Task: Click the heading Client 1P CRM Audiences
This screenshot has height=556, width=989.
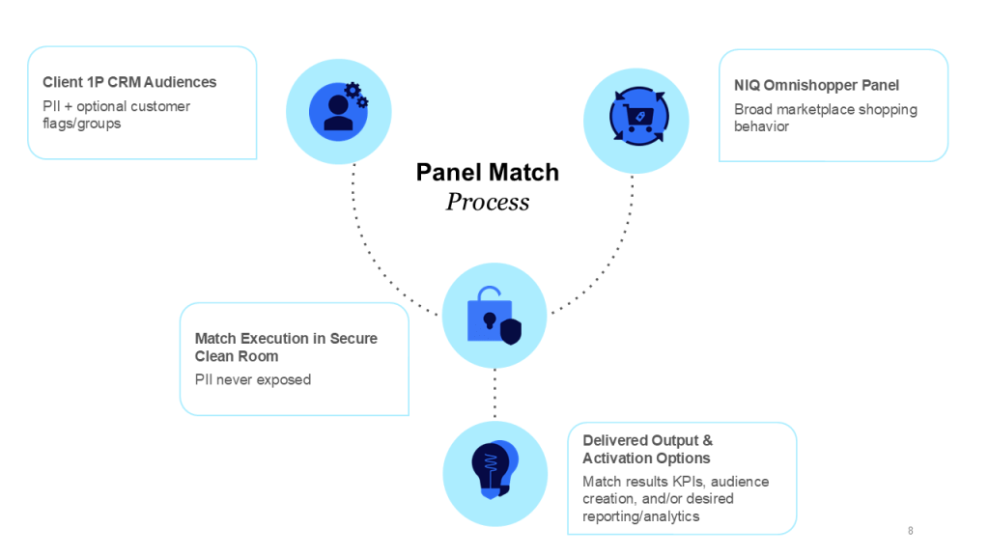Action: (129, 82)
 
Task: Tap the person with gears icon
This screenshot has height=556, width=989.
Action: (339, 107)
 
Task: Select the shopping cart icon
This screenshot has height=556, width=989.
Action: (637, 117)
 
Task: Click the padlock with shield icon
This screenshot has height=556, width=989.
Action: (494, 316)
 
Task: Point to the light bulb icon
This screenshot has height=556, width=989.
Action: (494, 469)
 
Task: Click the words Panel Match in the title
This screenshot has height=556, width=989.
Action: (488, 172)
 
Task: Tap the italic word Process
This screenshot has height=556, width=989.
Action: (488, 202)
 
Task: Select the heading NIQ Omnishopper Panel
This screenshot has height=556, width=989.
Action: (816, 85)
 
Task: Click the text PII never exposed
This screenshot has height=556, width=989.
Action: (253, 379)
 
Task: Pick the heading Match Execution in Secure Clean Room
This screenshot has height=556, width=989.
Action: (286, 347)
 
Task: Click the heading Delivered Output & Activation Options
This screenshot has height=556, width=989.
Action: (647, 449)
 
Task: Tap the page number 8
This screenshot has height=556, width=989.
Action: (910, 531)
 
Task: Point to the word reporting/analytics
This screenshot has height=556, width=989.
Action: (641, 516)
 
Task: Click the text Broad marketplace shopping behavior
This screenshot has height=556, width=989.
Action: (825, 118)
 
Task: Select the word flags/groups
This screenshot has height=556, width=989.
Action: (82, 124)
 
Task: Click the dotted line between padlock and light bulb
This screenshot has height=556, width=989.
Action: (494, 394)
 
